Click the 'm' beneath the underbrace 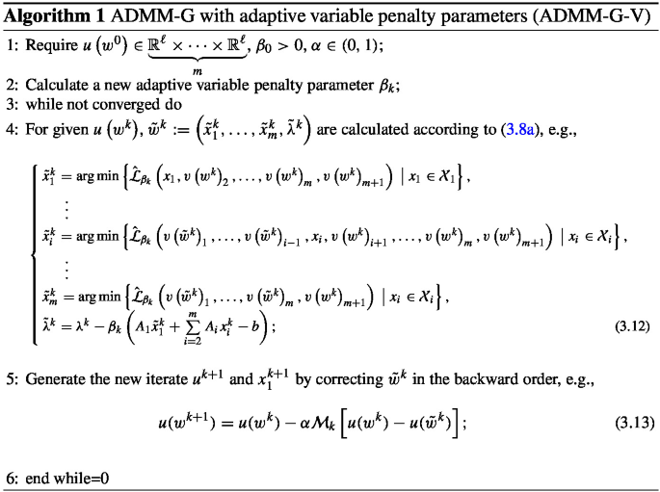point(197,69)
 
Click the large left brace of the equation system point(36,250)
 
